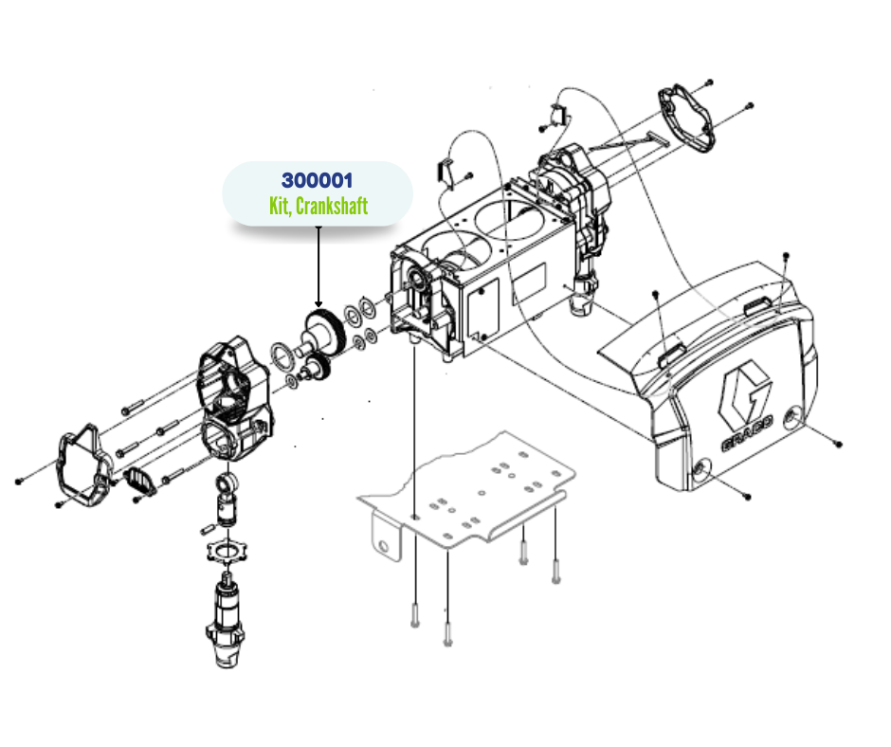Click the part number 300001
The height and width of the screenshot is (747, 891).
(x=318, y=180)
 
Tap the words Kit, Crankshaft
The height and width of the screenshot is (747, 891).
(x=318, y=206)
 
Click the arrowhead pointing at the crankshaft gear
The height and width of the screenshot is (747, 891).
(x=318, y=304)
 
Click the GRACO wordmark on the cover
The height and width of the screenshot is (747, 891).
(x=748, y=434)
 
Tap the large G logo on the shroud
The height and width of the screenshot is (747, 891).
(x=744, y=392)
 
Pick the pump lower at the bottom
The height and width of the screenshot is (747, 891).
(x=226, y=620)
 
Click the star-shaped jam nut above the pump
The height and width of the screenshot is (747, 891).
(x=227, y=551)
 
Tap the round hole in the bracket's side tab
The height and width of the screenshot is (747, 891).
(x=384, y=547)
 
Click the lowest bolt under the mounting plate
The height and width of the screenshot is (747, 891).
(x=447, y=634)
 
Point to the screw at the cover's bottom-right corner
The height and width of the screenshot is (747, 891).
(x=747, y=497)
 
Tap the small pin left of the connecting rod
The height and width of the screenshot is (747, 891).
(x=208, y=529)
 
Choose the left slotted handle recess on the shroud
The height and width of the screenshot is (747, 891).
(x=671, y=356)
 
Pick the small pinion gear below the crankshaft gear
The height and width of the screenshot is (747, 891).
(x=319, y=367)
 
